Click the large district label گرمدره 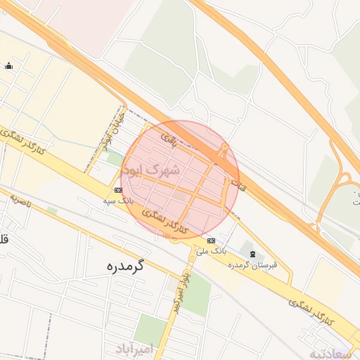125,266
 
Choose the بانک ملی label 211,250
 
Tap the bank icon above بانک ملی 211,240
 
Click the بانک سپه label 118,201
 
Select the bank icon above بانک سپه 117,191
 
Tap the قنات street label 238,186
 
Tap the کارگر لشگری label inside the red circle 166,220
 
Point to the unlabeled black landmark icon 8,66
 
